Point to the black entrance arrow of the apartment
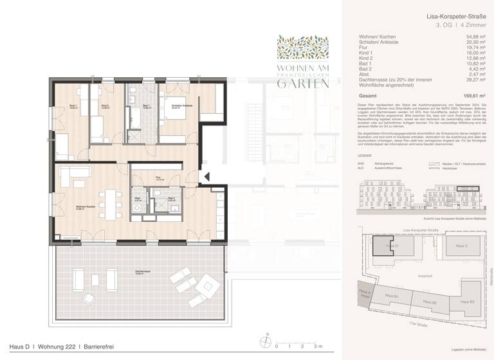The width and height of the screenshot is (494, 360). tap(206, 175)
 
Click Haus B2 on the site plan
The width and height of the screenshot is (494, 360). tap(429, 301)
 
